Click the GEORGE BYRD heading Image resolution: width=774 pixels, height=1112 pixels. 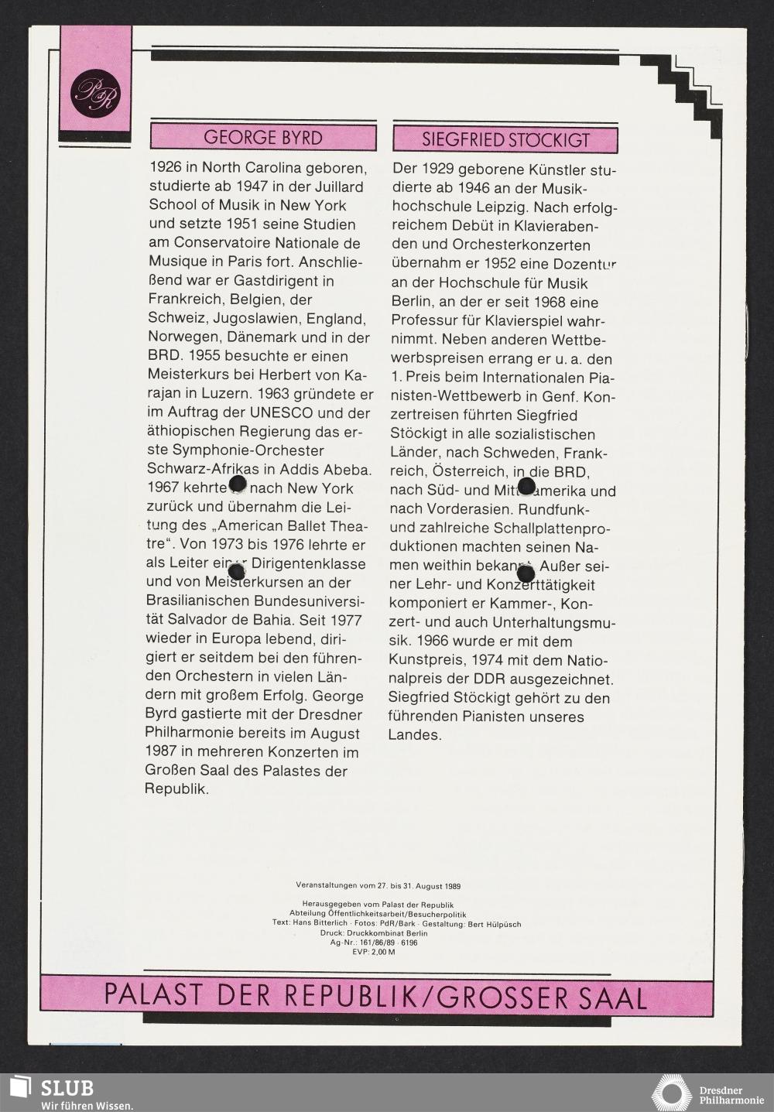point(262,138)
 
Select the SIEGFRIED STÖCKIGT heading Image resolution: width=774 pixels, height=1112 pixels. point(505,140)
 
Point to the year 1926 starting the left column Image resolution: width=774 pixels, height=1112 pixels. point(166,168)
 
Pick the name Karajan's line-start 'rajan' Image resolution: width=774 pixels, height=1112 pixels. point(166,395)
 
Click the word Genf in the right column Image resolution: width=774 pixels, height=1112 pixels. point(557,397)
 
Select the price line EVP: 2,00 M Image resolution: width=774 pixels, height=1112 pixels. point(373,952)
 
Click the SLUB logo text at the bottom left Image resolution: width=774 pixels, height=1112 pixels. point(67,1087)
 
